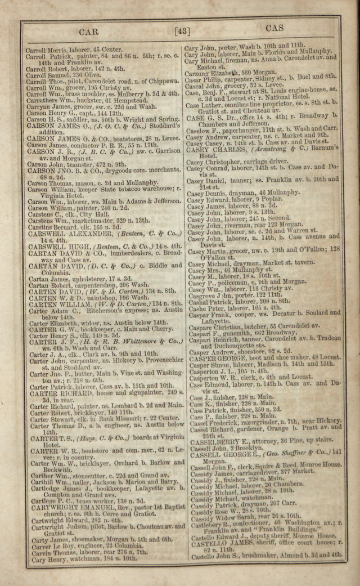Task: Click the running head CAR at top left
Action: tap(89, 32)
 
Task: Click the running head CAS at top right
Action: tap(274, 28)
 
